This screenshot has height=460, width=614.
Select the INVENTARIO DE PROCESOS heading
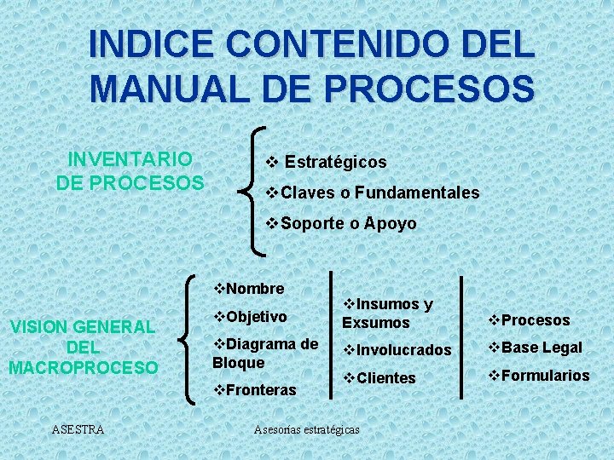coord(130,171)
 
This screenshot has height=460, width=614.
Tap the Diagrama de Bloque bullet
coord(265,353)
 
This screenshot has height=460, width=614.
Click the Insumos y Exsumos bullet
coord(388,313)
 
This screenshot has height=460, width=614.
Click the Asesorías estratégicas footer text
coord(307,429)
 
